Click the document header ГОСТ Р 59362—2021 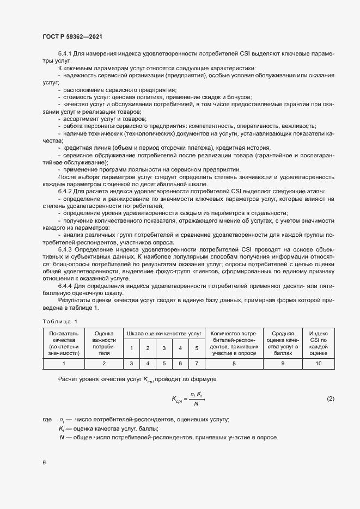click(x=72, y=36)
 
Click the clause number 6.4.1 click(x=65, y=54)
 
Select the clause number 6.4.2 click(x=65, y=191)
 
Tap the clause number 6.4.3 click(x=65, y=249)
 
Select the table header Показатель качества click(x=64, y=342)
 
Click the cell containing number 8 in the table click(x=233, y=363)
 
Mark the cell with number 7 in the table click(x=196, y=363)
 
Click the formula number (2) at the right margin click(x=330, y=399)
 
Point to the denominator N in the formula click(x=196, y=404)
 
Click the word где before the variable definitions click(x=46, y=420)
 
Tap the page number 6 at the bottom click(x=44, y=463)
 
